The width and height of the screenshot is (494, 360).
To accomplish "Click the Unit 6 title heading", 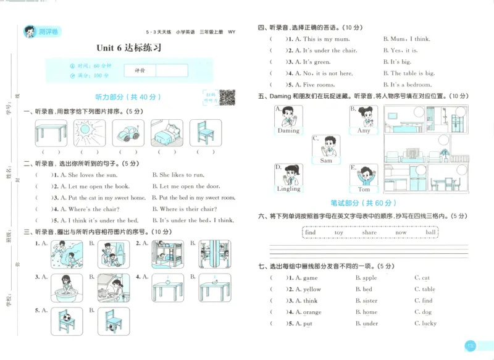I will [x=129, y=48].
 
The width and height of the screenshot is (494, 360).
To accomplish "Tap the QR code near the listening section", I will [x=227, y=96].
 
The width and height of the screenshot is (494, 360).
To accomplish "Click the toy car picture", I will [x=128, y=133].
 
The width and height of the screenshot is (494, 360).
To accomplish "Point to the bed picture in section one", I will [x=167, y=133].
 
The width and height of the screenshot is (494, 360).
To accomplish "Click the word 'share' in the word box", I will [x=369, y=233].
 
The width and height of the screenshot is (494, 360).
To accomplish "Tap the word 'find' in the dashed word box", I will [x=311, y=233].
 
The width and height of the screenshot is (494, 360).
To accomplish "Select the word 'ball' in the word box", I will [x=430, y=233].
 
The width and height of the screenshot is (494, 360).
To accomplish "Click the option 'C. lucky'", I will [x=425, y=324].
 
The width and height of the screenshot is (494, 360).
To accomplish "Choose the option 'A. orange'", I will [x=308, y=312].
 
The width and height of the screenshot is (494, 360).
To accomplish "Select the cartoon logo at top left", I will [x=30, y=31].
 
